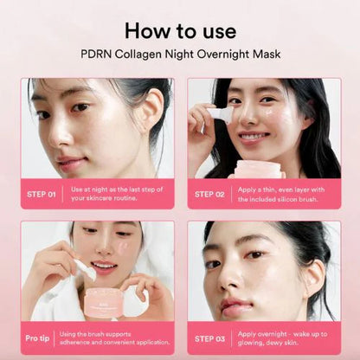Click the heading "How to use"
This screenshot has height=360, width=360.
point(180,31)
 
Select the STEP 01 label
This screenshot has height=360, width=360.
point(42,195)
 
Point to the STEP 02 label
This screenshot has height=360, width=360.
point(209,195)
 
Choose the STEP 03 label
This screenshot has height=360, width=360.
point(209,338)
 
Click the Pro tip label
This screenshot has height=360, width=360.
point(37,338)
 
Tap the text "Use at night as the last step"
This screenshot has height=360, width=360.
point(112,190)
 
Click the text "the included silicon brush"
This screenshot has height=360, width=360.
point(278,199)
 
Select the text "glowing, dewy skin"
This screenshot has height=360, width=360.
point(268,343)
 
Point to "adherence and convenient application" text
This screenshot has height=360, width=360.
point(114,343)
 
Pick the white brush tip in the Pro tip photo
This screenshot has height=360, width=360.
point(86,271)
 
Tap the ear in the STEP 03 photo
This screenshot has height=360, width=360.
point(313,280)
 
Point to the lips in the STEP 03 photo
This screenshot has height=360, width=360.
point(236,308)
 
